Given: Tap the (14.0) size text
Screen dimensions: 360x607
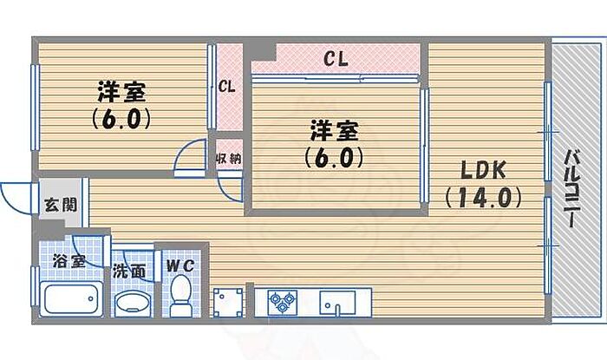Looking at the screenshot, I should (x=483, y=198).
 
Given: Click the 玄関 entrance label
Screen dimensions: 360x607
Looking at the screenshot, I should (x=61, y=206).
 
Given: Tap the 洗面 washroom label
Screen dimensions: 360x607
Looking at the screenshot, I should (x=128, y=271).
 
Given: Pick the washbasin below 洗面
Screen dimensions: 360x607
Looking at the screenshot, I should (x=133, y=304).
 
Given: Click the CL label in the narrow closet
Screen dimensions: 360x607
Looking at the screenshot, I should (x=227, y=87).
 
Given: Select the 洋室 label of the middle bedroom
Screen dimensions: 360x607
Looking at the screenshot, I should (x=333, y=132).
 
